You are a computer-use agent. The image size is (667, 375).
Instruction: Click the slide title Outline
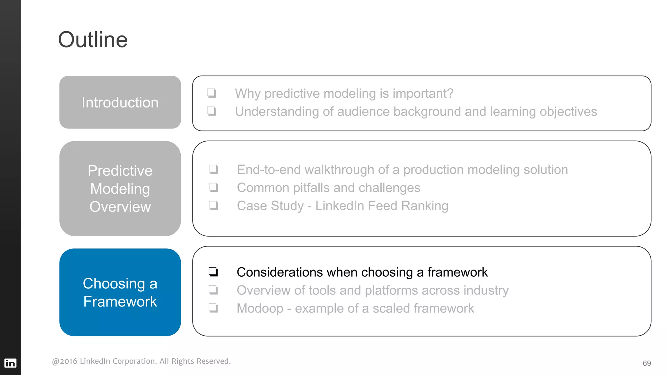click(93, 40)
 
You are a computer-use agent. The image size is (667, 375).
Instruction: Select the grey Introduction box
click(120, 102)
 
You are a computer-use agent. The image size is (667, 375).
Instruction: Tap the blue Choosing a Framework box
click(120, 292)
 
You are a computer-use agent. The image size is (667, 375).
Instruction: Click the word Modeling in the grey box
click(120, 189)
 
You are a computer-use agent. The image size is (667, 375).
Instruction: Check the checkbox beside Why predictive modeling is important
click(212, 93)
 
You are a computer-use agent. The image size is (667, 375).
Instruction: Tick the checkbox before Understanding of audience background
click(212, 111)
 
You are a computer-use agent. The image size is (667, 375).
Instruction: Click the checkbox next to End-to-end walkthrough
click(214, 169)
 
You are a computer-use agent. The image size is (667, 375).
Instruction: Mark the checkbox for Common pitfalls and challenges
click(214, 187)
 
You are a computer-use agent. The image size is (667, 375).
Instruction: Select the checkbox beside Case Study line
click(214, 205)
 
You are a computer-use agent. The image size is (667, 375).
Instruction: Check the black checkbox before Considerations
click(213, 272)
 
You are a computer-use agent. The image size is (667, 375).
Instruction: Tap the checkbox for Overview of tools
click(213, 290)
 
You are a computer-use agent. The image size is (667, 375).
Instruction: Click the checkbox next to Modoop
click(213, 308)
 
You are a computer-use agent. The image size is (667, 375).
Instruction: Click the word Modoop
click(260, 308)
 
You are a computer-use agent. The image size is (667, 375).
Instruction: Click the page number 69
click(646, 363)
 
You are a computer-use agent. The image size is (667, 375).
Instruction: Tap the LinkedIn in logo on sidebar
click(10, 363)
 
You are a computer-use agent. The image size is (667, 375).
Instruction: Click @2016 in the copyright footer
click(64, 361)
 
